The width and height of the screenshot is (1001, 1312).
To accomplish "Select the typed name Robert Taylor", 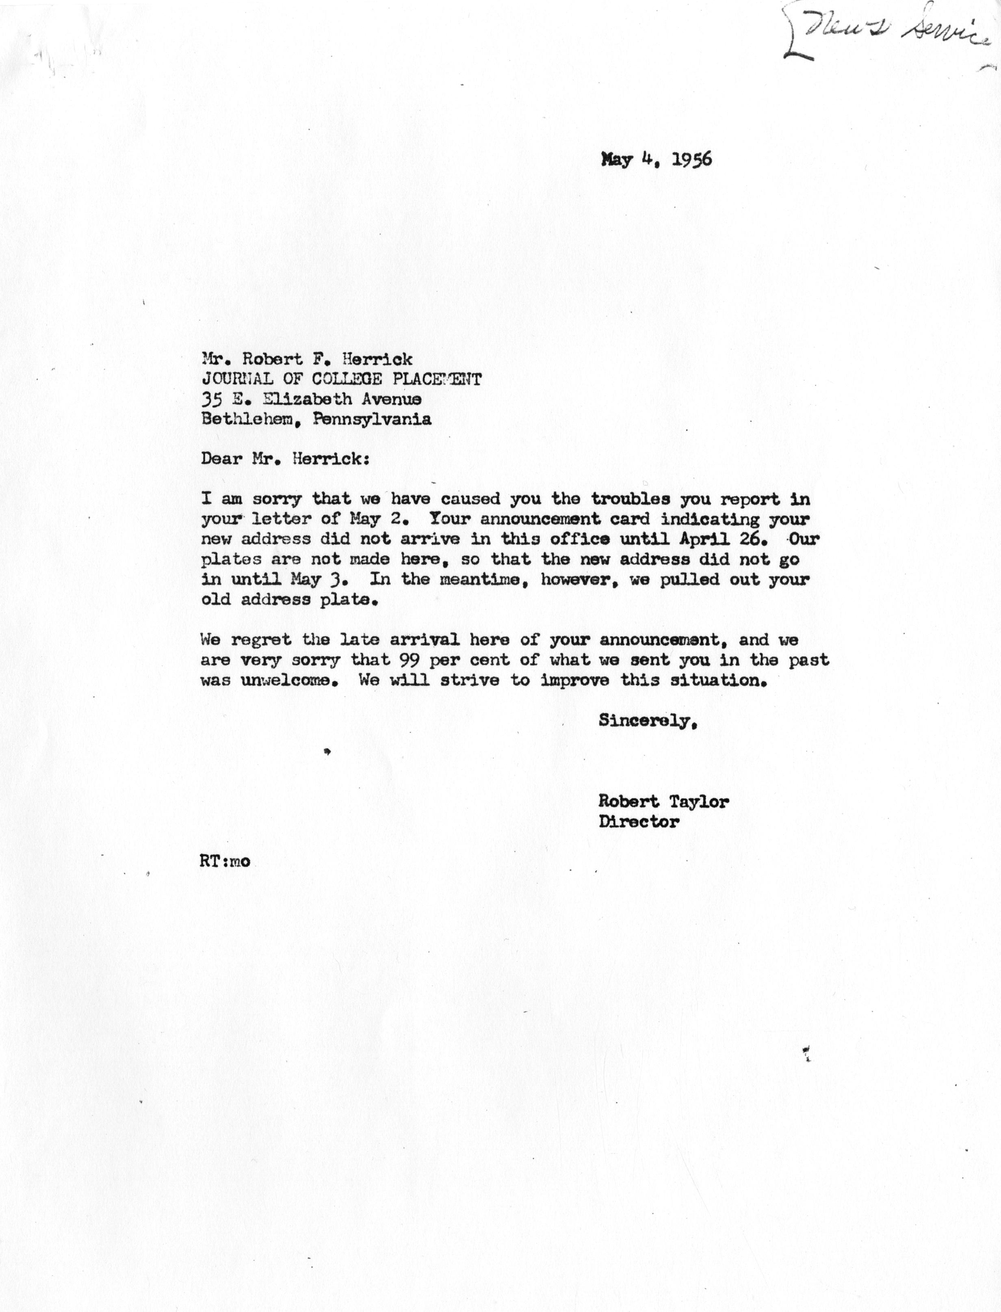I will tap(663, 802).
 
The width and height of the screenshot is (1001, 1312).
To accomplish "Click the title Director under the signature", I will tap(638, 822).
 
